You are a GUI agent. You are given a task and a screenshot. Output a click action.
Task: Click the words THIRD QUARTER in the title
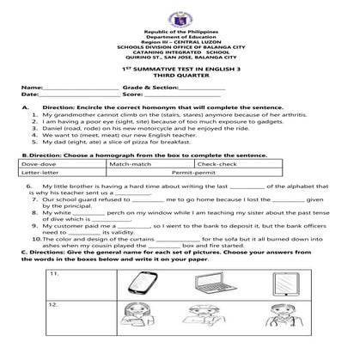180,75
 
